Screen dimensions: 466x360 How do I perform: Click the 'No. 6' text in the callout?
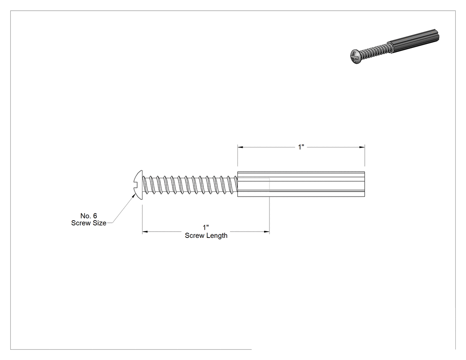click(x=89, y=216)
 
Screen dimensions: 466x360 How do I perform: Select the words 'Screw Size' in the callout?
click(x=89, y=223)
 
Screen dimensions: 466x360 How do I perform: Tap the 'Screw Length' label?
click(x=206, y=235)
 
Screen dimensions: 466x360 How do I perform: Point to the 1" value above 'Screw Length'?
click(x=206, y=228)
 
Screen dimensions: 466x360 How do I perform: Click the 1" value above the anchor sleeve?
click(x=301, y=147)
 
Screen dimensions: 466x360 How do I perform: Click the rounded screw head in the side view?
click(x=138, y=185)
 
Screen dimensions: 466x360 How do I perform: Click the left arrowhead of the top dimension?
click(x=241, y=147)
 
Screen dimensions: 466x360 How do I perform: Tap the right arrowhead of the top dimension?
click(x=362, y=147)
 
